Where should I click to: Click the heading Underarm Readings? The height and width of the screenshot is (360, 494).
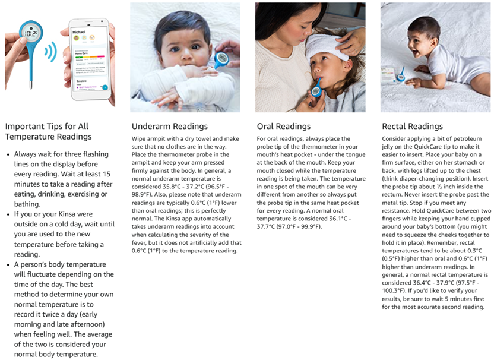point(169,126)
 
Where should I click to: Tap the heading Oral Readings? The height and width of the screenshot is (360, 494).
point(283,126)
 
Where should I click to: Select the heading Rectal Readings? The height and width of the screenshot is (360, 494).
point(412,126)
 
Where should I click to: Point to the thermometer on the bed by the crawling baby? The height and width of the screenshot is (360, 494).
point(401,76)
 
